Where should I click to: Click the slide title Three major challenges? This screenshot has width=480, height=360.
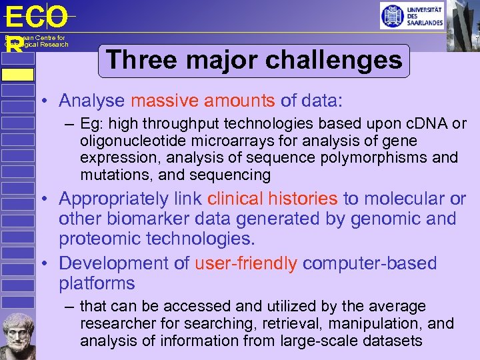pos(254,60)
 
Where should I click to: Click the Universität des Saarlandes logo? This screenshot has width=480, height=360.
pos(412,15)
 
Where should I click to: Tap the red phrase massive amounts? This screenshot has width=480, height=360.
pos(203,101)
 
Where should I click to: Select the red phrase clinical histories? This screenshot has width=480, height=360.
pos(273,199)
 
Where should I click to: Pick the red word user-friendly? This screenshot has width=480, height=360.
pos(245,263)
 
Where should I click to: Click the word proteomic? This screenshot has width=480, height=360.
pos(98,239)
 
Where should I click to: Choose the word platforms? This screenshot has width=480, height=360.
pos(97,283)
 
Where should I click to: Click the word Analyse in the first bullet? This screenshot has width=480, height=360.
pos(91,101)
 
